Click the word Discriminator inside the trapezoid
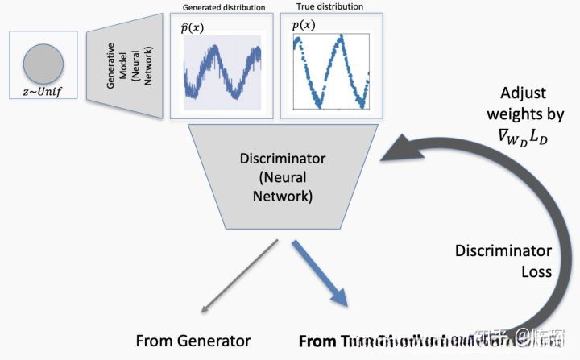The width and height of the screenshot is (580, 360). coord(276,159)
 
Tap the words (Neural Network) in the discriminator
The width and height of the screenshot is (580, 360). coord(276,186)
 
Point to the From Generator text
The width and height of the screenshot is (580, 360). coord(193,341)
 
